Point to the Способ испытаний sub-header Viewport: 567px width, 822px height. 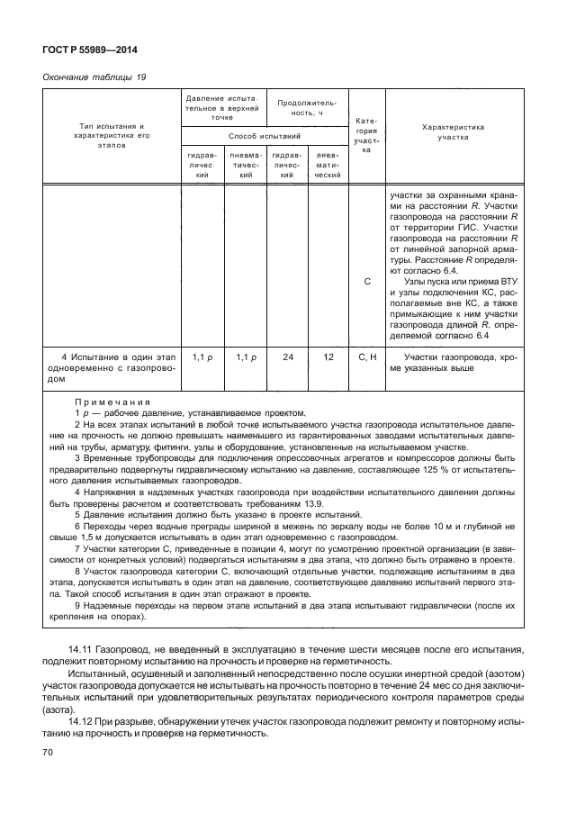[x=265, y=135]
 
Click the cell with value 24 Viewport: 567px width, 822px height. [x=288, y=357]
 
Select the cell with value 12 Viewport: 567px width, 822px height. [x=328, y=357]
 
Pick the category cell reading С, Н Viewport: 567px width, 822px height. [x=367, y=357]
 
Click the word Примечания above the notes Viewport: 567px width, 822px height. [x=112, y=401]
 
